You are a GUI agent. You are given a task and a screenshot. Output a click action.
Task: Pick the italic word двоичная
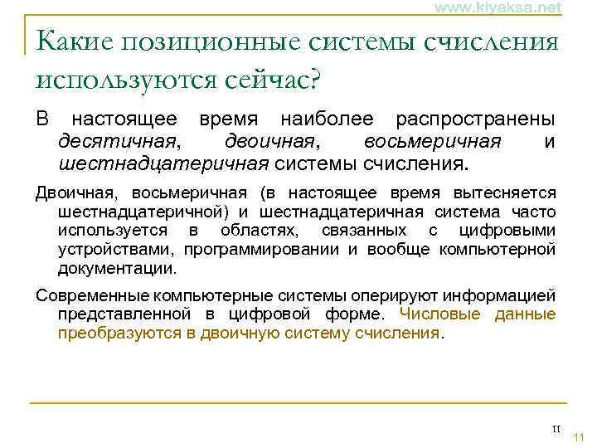[266, 140]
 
